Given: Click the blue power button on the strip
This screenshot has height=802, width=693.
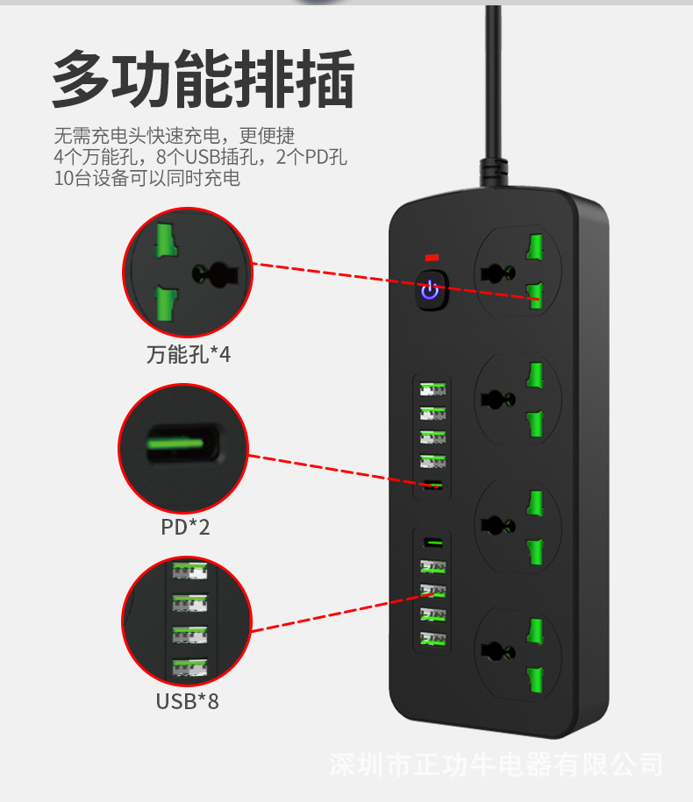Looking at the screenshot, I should coord(429,290).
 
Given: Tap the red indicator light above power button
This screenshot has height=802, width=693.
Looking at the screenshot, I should coord(430,258).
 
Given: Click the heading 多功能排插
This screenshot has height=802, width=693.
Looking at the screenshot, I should coord(203,79).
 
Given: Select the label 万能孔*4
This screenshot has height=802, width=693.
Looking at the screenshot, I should coord(188,355).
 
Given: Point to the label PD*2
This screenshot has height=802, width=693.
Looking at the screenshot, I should coord(185,527).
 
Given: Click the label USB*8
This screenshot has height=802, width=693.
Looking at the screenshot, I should coord(187,701).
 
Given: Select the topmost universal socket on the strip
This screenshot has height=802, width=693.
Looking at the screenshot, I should coord(517,273).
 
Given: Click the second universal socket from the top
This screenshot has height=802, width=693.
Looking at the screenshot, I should coord(517,399).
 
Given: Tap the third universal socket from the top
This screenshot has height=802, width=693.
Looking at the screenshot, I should coord(517,525).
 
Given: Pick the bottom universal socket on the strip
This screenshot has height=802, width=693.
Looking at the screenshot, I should coord(517,651).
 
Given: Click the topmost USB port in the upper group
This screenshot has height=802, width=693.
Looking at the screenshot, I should coord(432,388).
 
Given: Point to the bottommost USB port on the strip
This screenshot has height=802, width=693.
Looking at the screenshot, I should coord(432,638).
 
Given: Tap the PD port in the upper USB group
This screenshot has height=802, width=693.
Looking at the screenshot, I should coord(432,486).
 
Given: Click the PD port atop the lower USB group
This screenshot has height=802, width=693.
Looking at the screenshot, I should coord(432,543).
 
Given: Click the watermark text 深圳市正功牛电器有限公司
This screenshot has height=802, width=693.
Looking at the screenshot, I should coord(496,763).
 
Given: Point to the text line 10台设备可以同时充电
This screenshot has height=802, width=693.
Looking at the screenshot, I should coord(146,179).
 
